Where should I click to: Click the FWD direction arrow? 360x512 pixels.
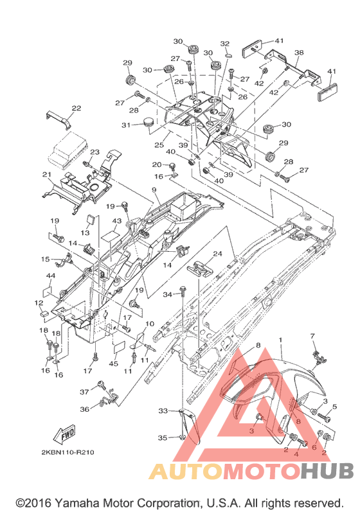pos(65,434)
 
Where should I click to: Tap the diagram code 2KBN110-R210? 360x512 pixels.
pos(67,452)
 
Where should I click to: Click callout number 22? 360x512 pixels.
pos(76,108)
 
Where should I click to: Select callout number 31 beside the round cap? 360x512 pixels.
pos(126,125)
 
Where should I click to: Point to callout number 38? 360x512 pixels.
pos(298,53)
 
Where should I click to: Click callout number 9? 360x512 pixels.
pos(154,190)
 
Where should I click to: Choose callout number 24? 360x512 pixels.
pos(217,254)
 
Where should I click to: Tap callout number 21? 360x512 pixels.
pos(47,175)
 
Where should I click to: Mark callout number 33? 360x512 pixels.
pos(163,410)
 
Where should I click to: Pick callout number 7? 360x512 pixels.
pos(312,336)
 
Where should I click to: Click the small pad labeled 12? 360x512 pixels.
pos(44,313)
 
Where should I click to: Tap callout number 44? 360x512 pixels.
pos(50,276)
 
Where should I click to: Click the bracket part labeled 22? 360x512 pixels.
pos(59,119)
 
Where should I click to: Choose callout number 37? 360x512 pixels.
pos(84,391)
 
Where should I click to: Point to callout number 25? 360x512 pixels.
pos(159,145)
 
